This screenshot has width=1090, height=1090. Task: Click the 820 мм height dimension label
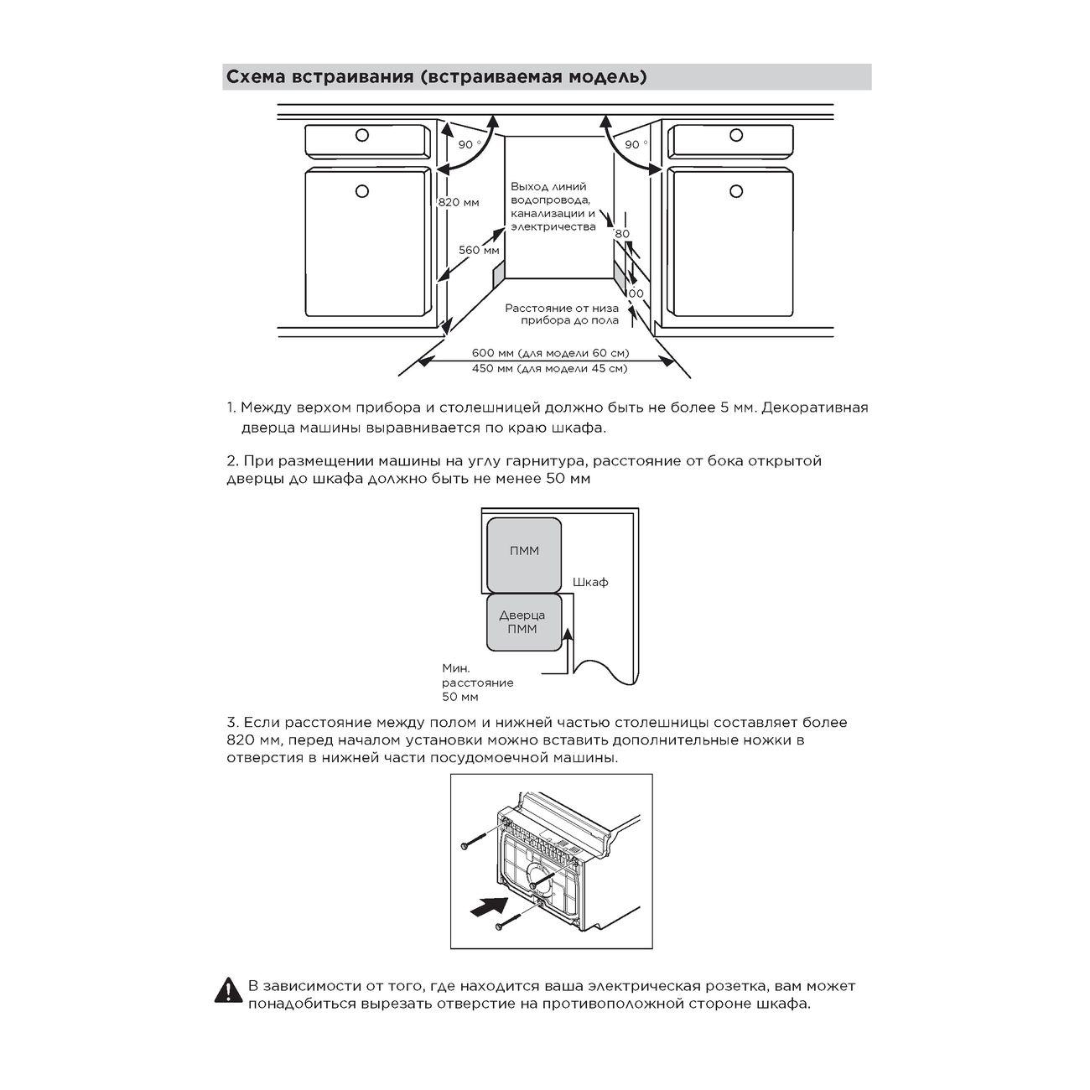(x=459, y=202)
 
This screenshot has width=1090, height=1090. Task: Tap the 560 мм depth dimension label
(x=479, y=250)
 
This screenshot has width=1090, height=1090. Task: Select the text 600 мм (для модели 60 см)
(x=550, y=352)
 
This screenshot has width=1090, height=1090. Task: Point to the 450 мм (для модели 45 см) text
(x=549, y=368)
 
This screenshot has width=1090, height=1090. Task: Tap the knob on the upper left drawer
(x=362, y=135)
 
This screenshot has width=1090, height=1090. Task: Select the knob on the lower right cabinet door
(x=737, y=191)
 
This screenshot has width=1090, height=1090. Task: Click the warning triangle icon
(x=228, y=992)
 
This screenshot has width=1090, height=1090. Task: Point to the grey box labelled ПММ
(x=524, y=552)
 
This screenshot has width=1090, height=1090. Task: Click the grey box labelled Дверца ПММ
(x=522, y=622)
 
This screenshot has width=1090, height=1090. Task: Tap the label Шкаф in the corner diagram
(x=590, y=582)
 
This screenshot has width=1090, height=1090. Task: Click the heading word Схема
(x=255, y=77)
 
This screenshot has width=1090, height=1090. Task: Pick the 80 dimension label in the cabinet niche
(x=621, y=234)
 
